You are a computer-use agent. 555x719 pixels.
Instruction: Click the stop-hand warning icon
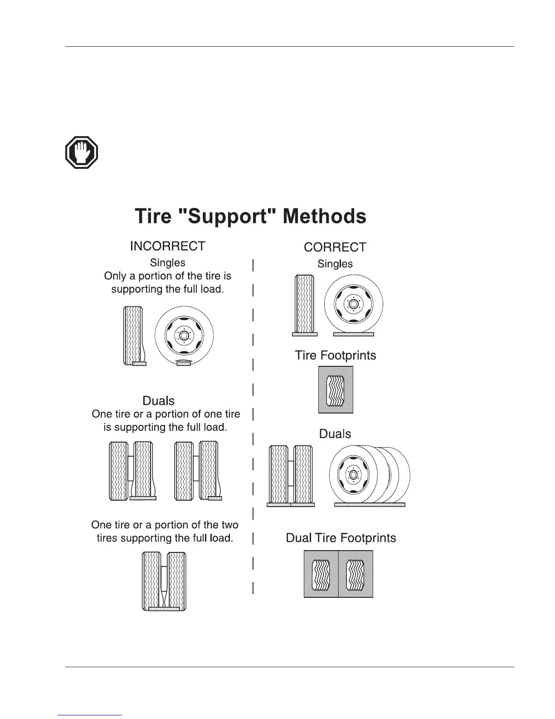[82, 153]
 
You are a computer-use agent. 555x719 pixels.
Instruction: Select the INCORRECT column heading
[167, 246]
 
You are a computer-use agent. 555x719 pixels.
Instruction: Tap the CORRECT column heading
[335, 247]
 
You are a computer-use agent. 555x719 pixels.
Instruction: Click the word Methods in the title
[324, 216]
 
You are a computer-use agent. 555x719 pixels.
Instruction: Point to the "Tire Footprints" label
[335, 355]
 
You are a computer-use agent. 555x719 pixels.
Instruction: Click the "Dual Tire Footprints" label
[341, 538]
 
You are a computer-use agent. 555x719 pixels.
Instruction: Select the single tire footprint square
[336, 390]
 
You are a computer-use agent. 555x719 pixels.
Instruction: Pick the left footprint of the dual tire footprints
[321, 574]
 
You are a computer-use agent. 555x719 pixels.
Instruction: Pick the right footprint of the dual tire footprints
[355, 574]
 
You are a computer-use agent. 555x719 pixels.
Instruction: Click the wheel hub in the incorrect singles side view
[184, 336]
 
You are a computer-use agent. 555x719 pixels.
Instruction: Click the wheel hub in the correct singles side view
[353, 304]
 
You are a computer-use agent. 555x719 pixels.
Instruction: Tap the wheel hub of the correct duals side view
[352, 474]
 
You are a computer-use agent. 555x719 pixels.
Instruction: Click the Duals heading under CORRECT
[335, 434]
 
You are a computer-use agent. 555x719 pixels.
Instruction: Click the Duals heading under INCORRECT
[158, 401]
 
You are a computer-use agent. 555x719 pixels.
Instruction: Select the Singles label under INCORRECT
[167, 262]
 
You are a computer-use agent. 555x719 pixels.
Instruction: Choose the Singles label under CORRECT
[335, 264]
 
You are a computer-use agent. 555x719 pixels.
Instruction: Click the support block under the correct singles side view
[353, 335]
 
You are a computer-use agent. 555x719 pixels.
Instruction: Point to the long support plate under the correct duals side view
[369, 504]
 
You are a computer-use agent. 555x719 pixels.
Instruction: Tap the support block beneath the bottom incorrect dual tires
[164, 609]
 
